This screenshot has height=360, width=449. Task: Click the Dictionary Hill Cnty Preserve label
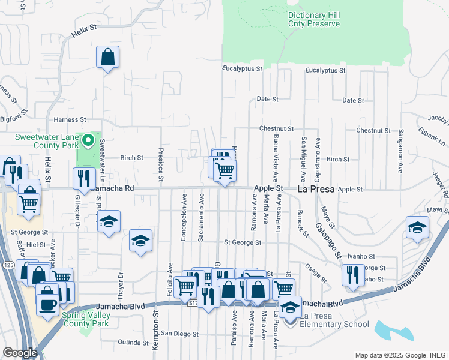pyautogui.click(x=313, y=19)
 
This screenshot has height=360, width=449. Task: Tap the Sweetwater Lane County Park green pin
pyautogui.click(x=88, y=141)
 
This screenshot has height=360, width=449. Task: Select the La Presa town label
pyautogui.click(x=318, y=189)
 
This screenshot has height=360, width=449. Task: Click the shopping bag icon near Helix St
pyautogui.click(x=107, y=58)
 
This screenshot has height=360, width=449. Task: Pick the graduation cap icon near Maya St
pyautogui.click(x=417, y=227)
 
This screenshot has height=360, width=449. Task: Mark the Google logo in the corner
pyautogui.click(x=19, y=353)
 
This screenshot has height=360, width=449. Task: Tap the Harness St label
pyautogui.click(x=70, y=120)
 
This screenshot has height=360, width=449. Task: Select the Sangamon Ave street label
pyautogui.click(x=400, y=155)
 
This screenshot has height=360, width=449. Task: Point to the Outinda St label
pyautogui.click(x=133, y=343)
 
